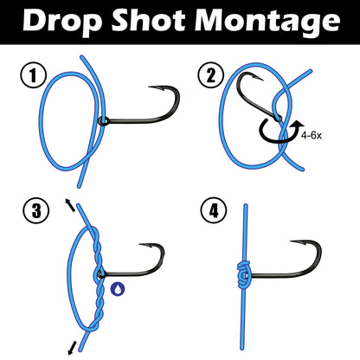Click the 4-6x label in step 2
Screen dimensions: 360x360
[315, 135]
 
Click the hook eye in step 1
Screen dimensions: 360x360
[102, 119]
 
